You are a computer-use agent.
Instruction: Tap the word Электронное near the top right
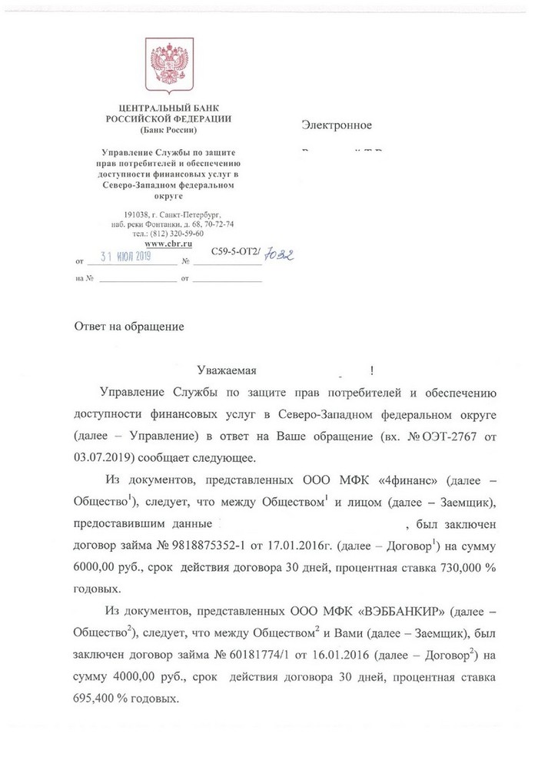tap(337, 125)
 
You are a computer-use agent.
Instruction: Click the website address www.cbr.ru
tap(167, 242)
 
